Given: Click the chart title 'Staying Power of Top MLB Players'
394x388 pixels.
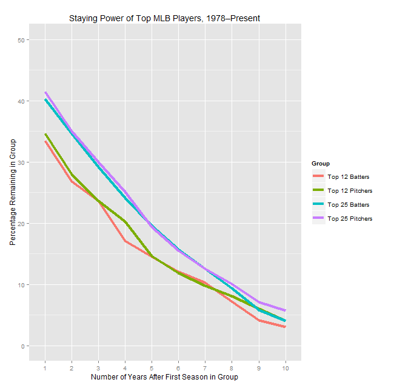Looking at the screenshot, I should click(x=165, y=18).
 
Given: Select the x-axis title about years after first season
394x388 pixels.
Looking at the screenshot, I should click(x=164, y=376).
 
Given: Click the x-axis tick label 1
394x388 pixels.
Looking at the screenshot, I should click(x=45, y=367).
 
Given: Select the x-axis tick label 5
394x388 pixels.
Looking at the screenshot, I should click(x=152, y=367).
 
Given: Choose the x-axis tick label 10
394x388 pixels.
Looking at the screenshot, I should click(x=285, y=367).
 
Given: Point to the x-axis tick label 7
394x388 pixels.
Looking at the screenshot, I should click(x=205, y=367).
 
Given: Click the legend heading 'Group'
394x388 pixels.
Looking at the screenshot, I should click(x=320, y=164).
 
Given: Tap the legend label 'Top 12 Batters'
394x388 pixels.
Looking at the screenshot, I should click(x=349, y=177).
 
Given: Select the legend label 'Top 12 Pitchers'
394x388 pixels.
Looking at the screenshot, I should click(x=350, y=191).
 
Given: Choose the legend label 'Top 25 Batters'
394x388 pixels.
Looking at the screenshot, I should click(x=349, y=205).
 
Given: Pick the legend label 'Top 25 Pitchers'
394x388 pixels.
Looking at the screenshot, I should click(x=350, y=219).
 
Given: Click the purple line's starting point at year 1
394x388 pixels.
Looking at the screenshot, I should click(x=45, y=93).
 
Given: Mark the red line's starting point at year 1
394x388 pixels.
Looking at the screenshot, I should click(x=45, y=141).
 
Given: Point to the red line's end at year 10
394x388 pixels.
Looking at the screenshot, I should click(x=285, y=327).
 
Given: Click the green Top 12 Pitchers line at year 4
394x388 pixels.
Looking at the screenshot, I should click(x=125, y=222).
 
